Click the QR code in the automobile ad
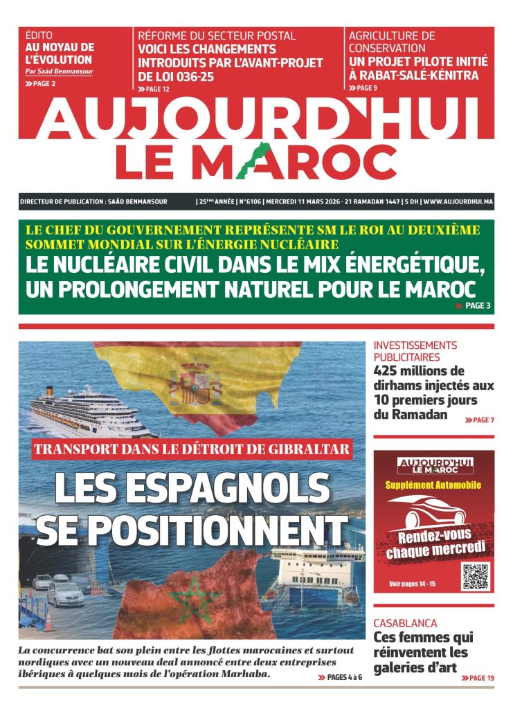(475, 576)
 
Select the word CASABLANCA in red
(405, 623)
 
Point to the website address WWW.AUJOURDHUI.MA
(458, 201)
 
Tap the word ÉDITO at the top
(39, 35)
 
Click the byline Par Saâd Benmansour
(59, 71)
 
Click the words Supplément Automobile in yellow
(433, 485)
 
